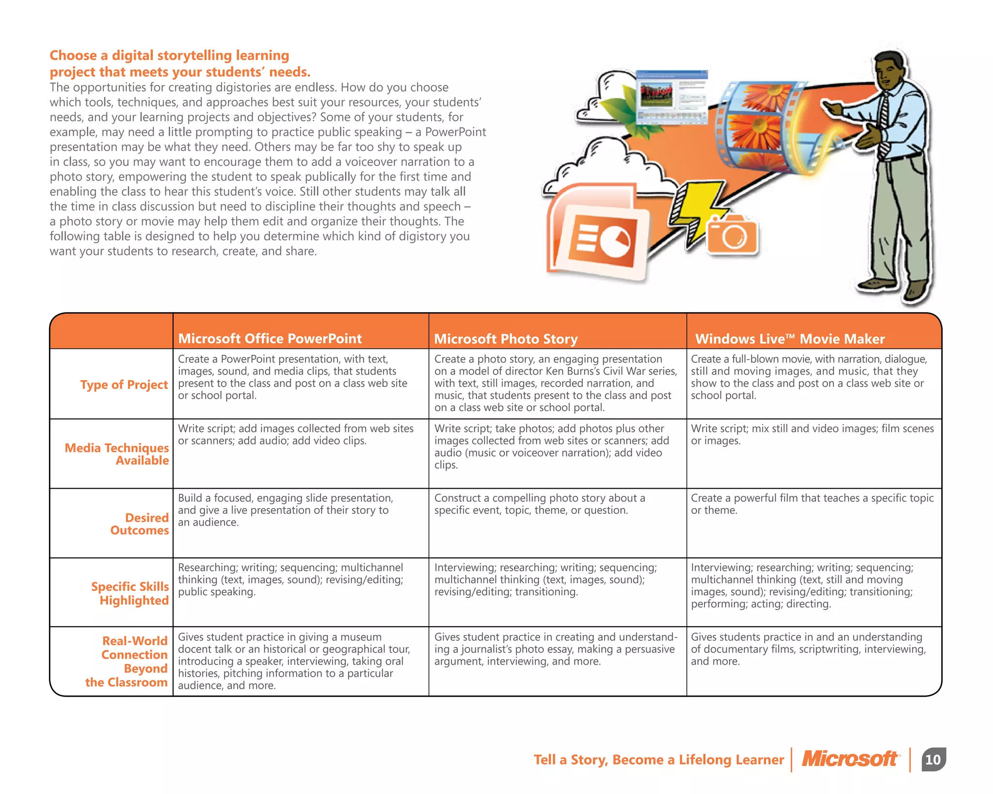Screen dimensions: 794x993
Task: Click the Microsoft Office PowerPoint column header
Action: pyautogui.click(x=270, y=338)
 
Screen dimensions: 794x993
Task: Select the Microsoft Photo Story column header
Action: pyautogui.click(x=505, y=338)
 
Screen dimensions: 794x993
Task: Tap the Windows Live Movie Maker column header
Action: pyautogui.click(x=789, y=338)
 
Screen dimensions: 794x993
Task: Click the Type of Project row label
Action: pyautogui.click(x=124, y=384)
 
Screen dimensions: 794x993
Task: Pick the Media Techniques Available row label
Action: pyautogui.click(x=117, y=454)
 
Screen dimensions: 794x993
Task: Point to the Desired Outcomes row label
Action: pyautogui.click(x=140, y=524)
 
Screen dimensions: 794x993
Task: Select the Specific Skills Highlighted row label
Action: pyautogui.click(x=130, y=593)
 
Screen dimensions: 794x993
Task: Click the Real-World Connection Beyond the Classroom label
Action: pyautogui.click(x=127, y=661)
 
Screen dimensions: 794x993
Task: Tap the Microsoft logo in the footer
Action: pyautogui.click(x=850, y=759)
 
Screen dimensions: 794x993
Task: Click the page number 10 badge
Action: pyautogui.click(x=933, y=759)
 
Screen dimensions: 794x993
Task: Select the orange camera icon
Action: pyautogui.click(x=732, y=235)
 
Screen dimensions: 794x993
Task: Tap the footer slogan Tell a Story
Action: pyautogui.click(x=658, y=759)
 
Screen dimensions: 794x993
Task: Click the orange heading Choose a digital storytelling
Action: pyautogui.click(x=179, y=64)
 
